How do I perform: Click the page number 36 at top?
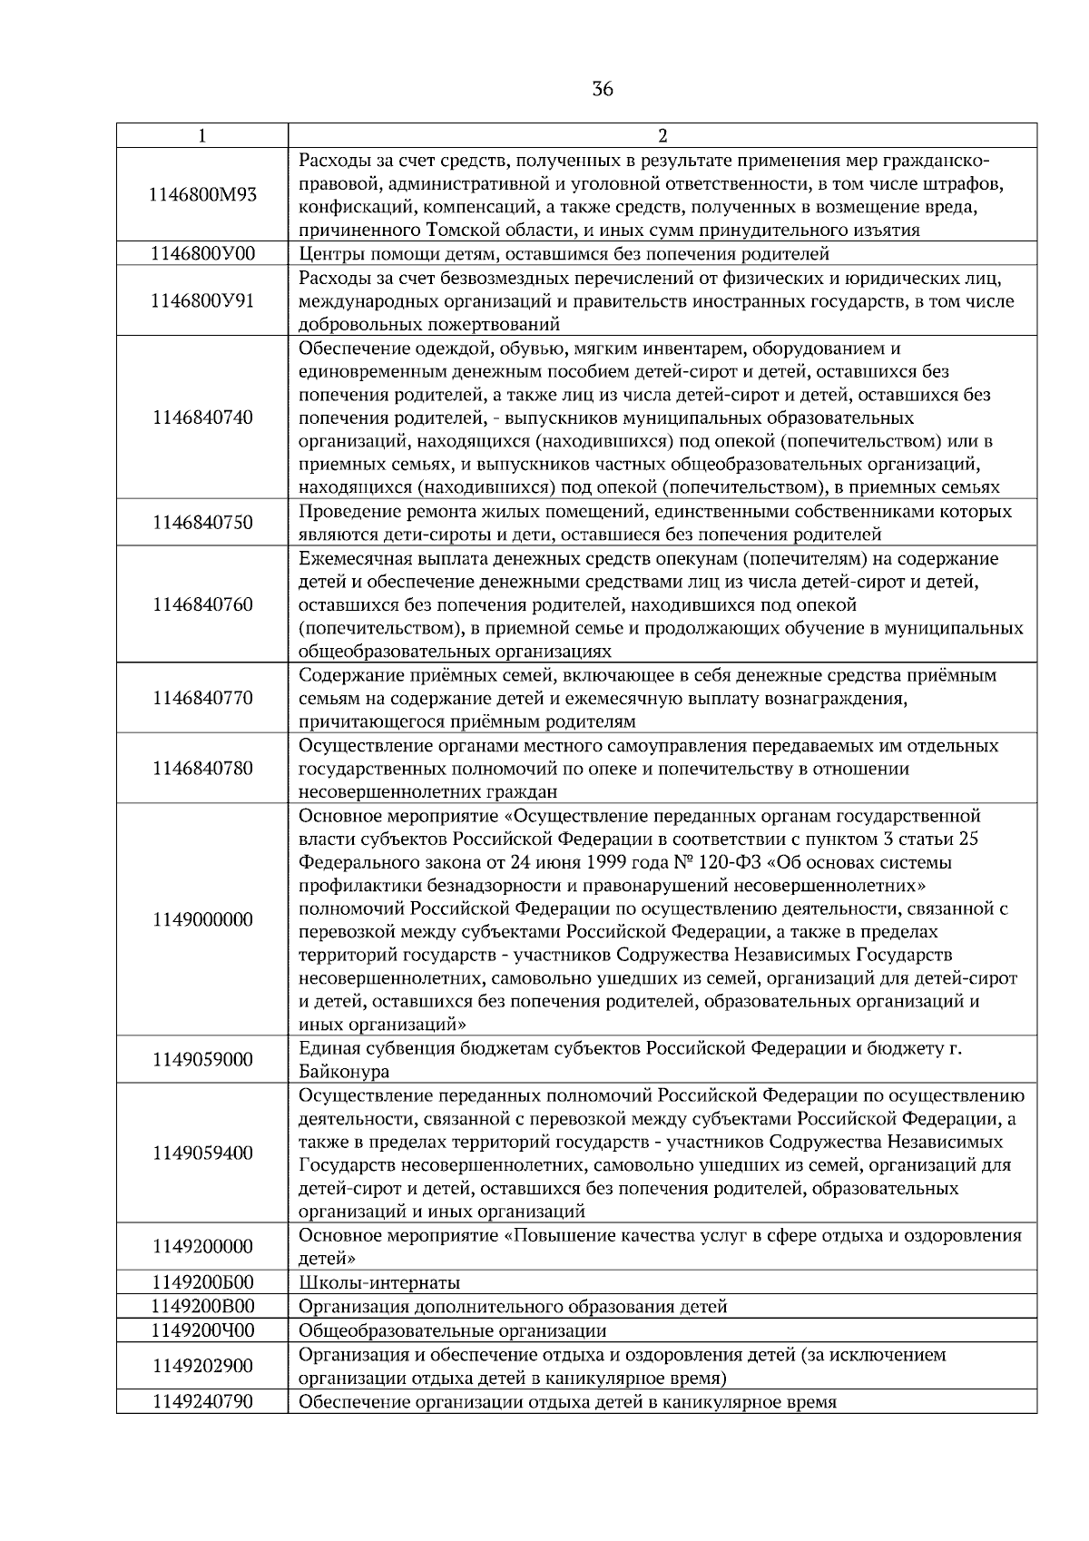602,89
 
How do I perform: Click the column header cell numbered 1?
201,136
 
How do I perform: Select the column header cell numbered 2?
662,136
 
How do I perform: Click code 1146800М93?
202,195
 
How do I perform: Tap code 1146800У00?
202,254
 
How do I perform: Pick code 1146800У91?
202,301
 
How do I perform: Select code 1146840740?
202,418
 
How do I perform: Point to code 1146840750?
202,524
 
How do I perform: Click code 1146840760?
202,605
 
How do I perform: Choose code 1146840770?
202,699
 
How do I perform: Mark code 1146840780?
202,769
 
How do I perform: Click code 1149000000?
202,920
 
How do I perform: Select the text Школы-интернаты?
379,1283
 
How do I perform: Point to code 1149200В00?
202,1307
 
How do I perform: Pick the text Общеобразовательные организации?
452,1331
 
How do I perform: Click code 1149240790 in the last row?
202,1402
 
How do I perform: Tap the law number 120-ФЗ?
742,863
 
